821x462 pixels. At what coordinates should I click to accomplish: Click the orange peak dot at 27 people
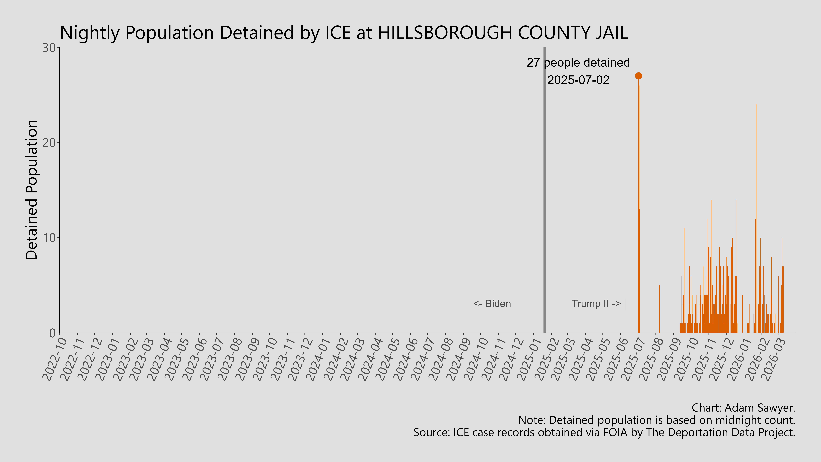click(x=638, y=76)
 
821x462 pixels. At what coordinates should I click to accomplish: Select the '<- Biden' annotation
click(x=492, y=304)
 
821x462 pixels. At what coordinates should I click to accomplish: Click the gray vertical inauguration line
click(x=544, y=191)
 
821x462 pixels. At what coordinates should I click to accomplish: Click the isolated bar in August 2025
click(x=659, y=309)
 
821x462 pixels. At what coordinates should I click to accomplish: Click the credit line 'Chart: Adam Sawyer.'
click(x=743, y=408)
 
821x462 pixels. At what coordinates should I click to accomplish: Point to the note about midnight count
click(x=657, y=420)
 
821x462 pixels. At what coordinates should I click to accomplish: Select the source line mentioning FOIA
click(x=604, y=433)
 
